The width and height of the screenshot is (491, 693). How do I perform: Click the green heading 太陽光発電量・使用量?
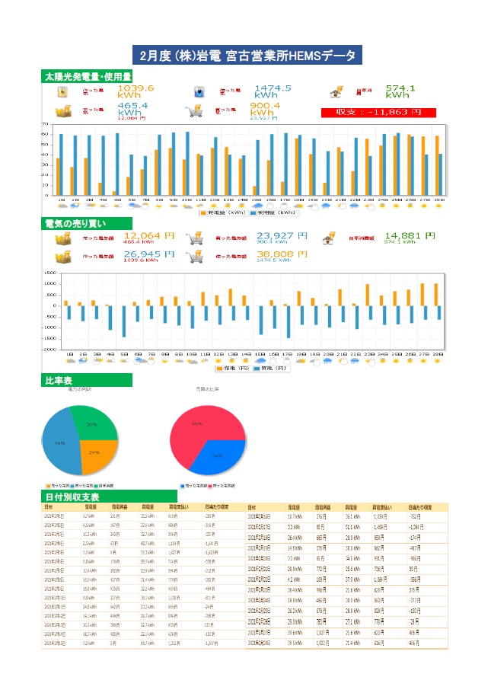[88, 77]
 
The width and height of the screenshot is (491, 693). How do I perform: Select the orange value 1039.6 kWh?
[136, 91]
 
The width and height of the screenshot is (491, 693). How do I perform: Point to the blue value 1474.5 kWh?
[273, 91]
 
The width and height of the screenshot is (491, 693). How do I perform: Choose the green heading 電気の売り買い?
[75, 224]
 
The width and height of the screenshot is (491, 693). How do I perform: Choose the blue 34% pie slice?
[219, 458]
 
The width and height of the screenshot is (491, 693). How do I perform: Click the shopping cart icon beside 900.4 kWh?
[194, 110]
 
